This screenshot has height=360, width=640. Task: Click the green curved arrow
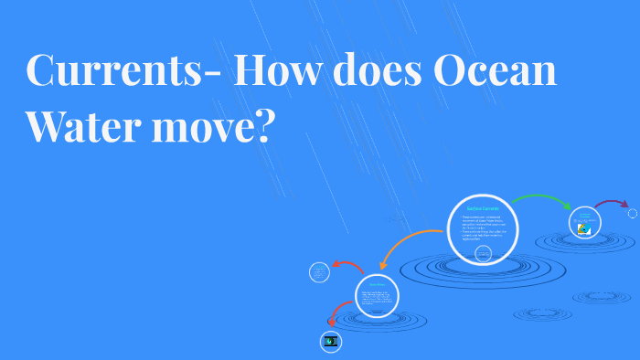(540, 199)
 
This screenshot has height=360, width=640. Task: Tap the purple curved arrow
(612, 203)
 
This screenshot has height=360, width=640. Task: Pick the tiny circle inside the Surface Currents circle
(483, 252)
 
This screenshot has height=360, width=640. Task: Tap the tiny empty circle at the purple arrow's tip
(632, 214)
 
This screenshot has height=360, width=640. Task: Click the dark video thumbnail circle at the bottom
(330, 342)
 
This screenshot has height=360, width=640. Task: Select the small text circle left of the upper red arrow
(319, 272)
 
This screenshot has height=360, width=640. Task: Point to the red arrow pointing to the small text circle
(347, 266)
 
